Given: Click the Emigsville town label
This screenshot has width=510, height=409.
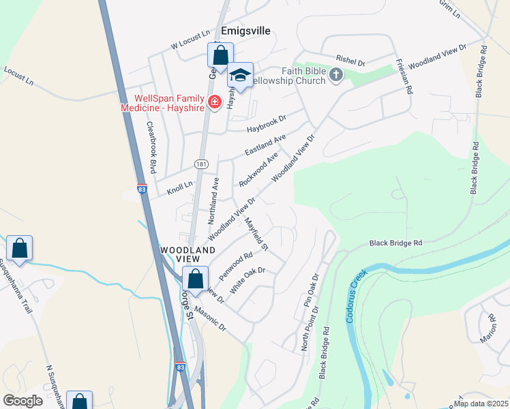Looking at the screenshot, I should [246, 31].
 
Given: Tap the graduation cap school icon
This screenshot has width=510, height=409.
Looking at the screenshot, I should [240, 75].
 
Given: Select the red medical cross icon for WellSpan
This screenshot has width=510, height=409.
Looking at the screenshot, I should [215, 102].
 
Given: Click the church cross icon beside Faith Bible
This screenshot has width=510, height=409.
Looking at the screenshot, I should [335, 75].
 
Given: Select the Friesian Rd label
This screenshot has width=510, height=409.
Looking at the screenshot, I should [404, 76].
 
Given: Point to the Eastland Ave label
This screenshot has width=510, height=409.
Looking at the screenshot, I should [265, 145].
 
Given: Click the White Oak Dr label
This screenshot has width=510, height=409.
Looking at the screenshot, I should [247, 280].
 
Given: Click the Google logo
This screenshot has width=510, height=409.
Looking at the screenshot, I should [23, 401].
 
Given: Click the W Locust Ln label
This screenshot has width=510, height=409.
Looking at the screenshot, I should [190, 38].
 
